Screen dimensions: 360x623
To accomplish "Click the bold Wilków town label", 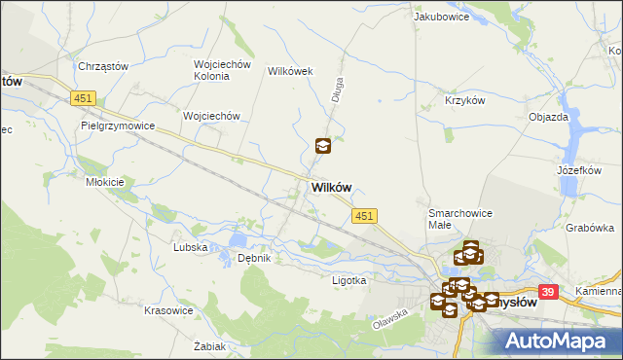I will pyautogui.click(x=332, y=188).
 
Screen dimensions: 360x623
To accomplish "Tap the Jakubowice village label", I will pyautogui.click(x=436, y=17).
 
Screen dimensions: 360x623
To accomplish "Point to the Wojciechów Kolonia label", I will pyautogui.click(x=223, y=71).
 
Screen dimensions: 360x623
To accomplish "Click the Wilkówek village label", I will pyautogui.click(x=289, y=71).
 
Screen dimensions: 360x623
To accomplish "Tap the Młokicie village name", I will pyautogui.click(x=104, y=182).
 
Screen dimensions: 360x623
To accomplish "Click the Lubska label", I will pyautogui.click(x=190, y=247).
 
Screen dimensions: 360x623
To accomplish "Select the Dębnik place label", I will pyautogui.click(x=253, y=258).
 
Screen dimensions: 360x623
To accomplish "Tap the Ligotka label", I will pyautogui.click(x=348, y=280).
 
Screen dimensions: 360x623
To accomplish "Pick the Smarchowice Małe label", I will pyautogui.click(x=453, y=219).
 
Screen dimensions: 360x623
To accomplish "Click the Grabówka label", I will pyautogui.click(x=588, y=228).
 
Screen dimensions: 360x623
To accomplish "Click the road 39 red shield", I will pyautogui.click(x=548, y=292).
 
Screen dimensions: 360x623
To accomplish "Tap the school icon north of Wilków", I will pyautogui.click(x=323, y=147).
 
